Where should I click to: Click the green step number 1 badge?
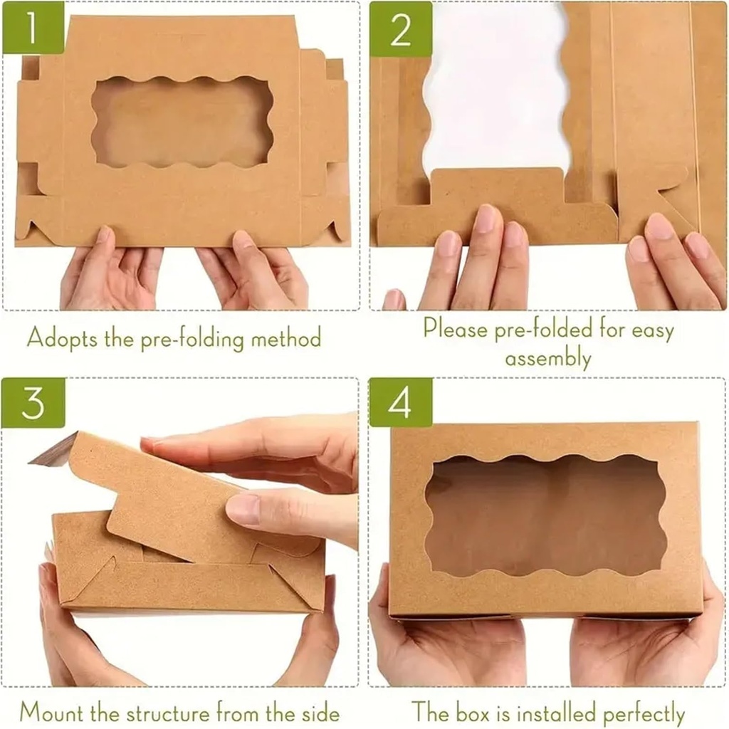33,28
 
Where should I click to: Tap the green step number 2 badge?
400,29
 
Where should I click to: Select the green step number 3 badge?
33,403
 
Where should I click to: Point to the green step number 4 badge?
400,403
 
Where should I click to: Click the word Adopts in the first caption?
60,337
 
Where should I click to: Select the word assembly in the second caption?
547,358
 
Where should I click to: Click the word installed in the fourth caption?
545,712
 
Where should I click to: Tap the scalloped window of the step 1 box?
182,121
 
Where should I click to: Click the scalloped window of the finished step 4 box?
546,514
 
